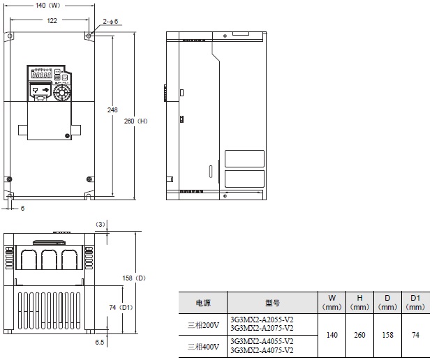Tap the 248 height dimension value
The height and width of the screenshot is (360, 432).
[x=112, y=110]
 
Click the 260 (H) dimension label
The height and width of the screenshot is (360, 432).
[x=136, y=120]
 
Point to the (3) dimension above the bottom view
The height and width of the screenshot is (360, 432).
[x=100, y=224]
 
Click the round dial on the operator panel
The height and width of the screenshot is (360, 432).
[x=62, y=91]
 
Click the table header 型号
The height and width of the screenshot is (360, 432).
[x=272, y=303]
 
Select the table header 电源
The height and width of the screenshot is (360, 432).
[x=203, y=303]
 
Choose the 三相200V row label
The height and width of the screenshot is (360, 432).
[x=203, y=324]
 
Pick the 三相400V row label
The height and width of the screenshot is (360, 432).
[x=203, y=346]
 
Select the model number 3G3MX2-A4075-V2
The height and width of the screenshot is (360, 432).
[x=261, y=350]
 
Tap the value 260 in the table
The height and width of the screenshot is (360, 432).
[x=359, y=335]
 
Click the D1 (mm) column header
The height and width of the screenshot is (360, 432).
[x=415, y=302]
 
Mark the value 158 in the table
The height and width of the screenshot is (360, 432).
[x=387, y=335]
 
